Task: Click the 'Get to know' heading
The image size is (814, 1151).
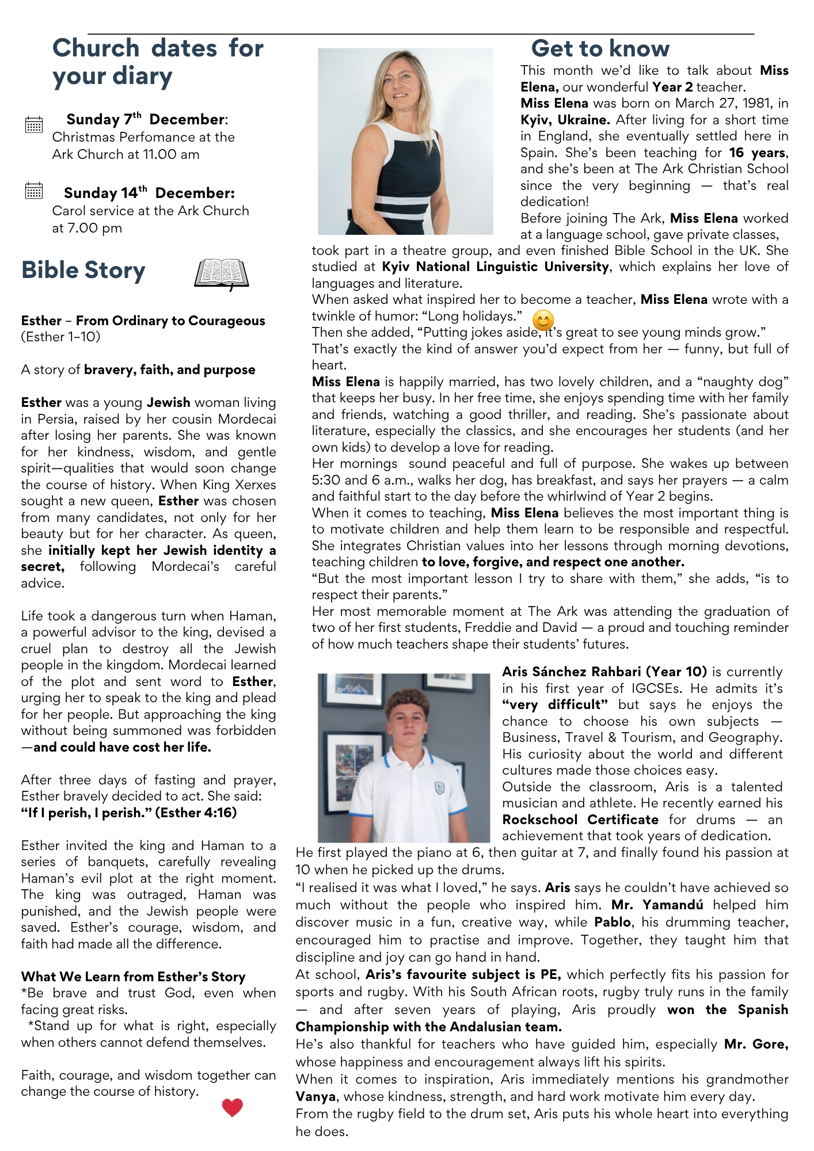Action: (x=600, y=49)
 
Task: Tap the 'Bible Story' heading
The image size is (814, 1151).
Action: (x=83, y=270)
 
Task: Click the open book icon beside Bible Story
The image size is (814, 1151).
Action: (x=222, y=273)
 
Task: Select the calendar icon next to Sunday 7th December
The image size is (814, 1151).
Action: (x=34, y=124)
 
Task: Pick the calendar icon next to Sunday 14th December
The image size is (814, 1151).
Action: (x=34, y=190)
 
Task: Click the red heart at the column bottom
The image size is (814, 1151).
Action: (x=233, y=1107)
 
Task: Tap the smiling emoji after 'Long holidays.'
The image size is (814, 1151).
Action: (x=543, y=320)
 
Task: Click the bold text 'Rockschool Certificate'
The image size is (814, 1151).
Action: (x=580, y=820)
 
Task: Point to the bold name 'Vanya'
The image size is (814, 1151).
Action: (x=316, y=1097)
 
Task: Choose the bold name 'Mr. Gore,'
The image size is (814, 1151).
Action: (x=756, y=1045)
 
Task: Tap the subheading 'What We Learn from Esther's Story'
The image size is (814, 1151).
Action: (x=133, y=977)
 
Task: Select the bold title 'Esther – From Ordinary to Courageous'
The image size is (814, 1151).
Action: (x=143, y=321)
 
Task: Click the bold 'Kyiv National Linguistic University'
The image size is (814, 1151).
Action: (x=495, y=267)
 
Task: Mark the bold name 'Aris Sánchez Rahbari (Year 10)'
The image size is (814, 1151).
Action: (x=604, y=672)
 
